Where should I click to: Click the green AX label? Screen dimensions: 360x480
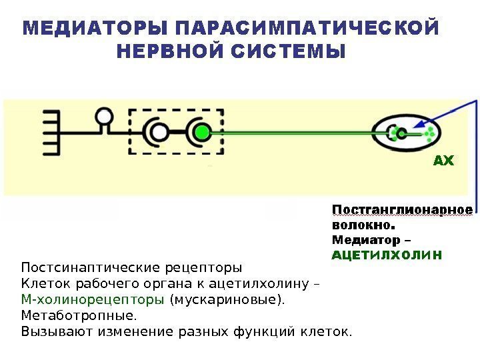443,161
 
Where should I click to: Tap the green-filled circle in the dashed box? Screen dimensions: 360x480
201,132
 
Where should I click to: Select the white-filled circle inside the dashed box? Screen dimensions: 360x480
159,132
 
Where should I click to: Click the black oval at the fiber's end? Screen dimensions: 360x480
405,133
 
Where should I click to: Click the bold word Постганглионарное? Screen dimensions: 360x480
402,210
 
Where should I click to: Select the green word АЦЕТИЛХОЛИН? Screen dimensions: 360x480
387,255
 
